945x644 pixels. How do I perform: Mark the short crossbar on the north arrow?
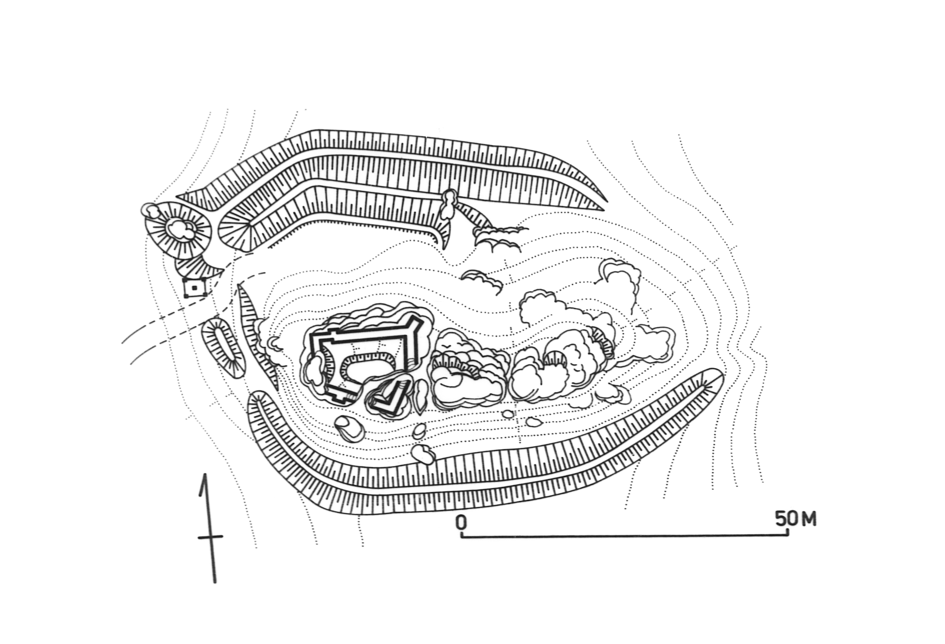tap(211, 537)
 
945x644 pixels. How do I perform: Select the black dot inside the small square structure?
tap(194, 288)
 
